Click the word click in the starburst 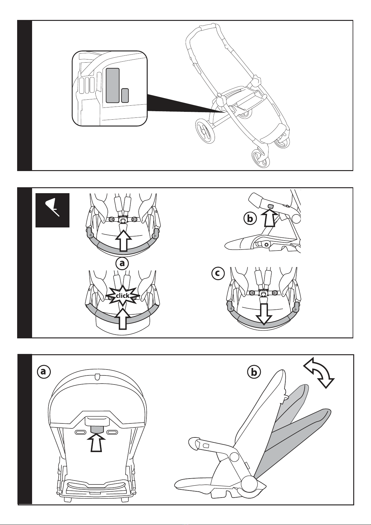tap(122, 296)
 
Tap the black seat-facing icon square tap(52, 210)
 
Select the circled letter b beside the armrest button tap(250, 219)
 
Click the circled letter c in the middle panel tap(218, 273)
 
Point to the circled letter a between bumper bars tap(122, 263)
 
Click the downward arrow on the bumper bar tap(264, 313)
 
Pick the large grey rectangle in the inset tap(112, 85)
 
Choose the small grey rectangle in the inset tap(125, 95)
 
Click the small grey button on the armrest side tap(270, 207)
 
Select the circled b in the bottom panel tap(254, 372)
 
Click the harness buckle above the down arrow tap(264, 294)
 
